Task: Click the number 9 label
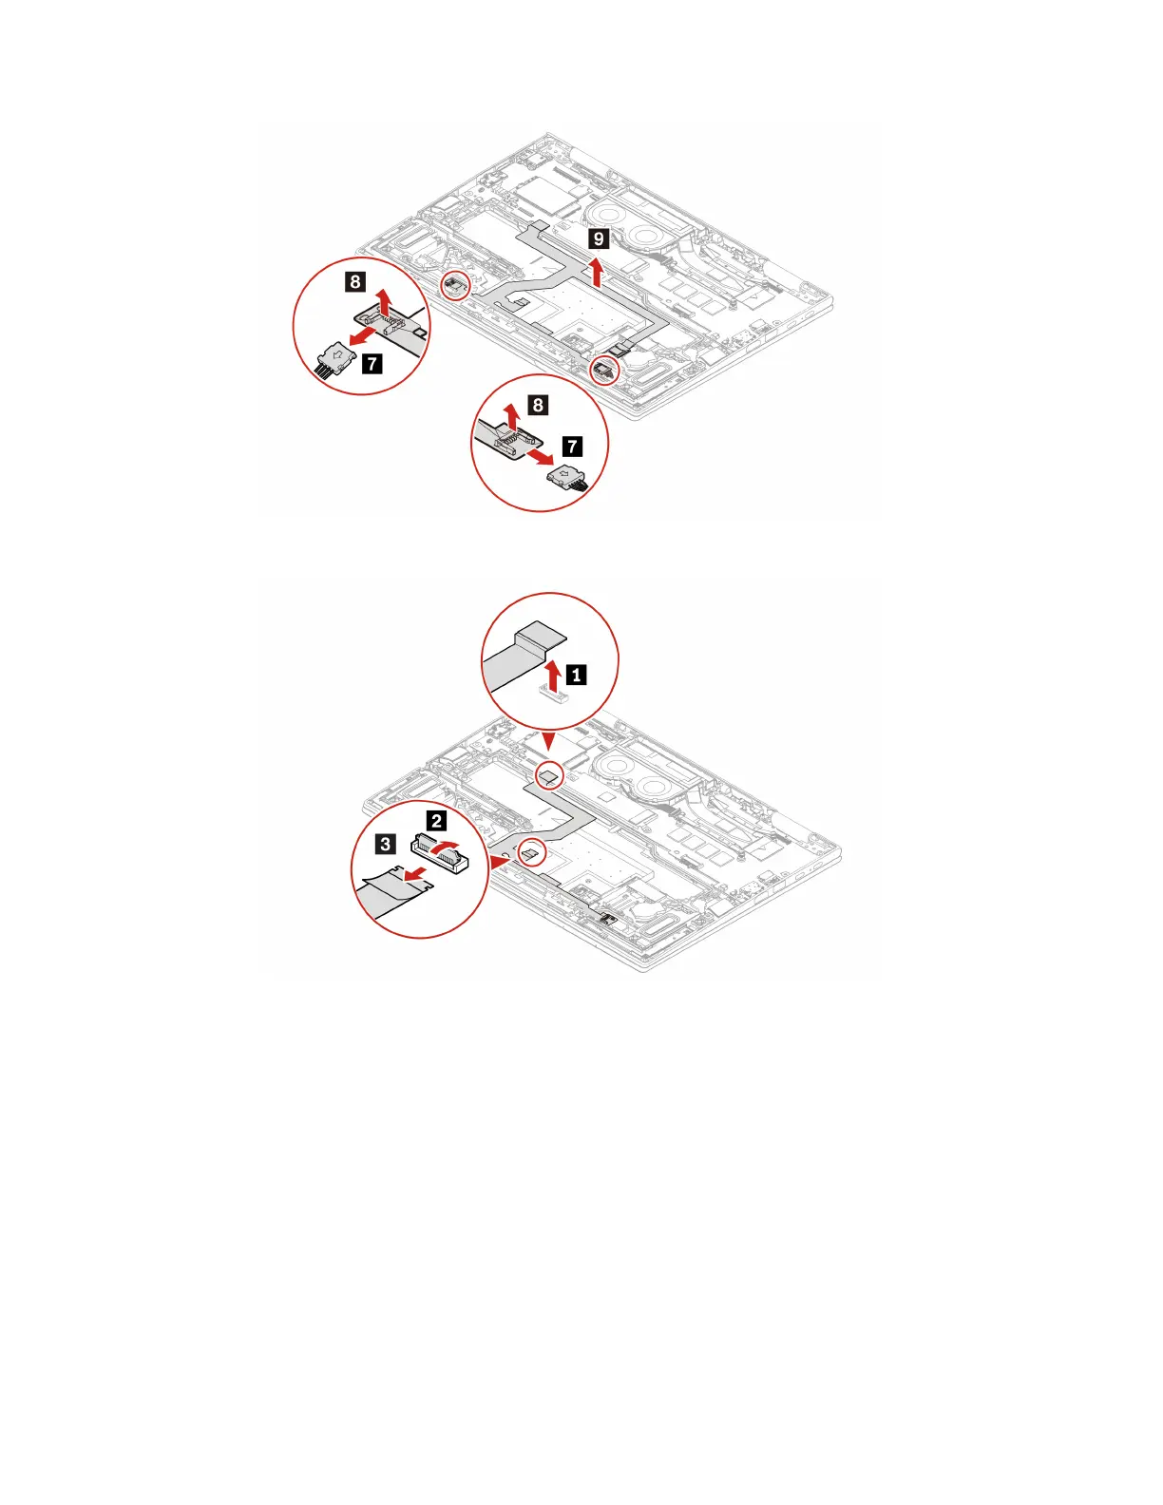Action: tap(598, 238)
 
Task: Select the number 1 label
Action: tap(576, 676)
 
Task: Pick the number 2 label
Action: tap(436, 821)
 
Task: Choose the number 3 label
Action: tap(385, 844)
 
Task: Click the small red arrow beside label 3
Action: tap(411, 871)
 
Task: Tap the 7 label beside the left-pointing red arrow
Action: tap(372, 362)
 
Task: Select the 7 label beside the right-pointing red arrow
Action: tap(572, 447)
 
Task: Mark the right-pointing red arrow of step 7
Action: tap(539, 457)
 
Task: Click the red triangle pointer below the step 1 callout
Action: tap(548, 740)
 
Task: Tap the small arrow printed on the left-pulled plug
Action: tap(337, 355)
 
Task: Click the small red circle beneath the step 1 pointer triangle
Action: tap(549, 775)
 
